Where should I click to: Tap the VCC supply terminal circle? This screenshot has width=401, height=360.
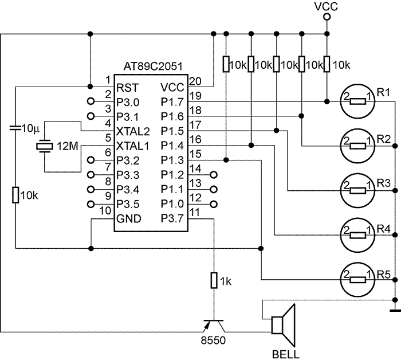pos(327,17)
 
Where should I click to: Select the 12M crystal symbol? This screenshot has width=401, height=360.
pos(44,147)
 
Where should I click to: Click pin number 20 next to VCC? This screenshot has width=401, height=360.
pos(195,80)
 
